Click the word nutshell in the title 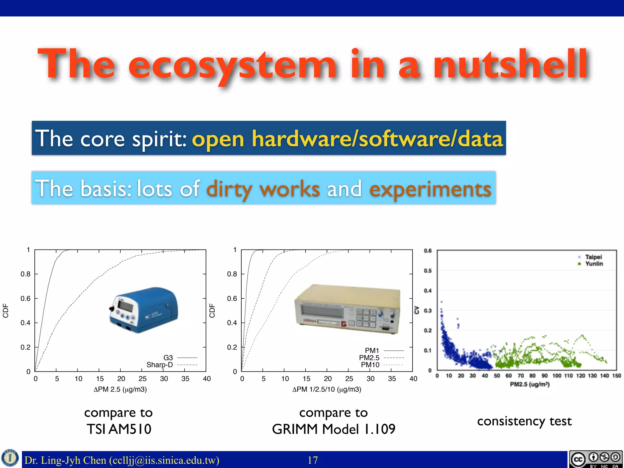(511, 65)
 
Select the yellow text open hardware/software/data (347, 139)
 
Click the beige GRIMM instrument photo (347, 309)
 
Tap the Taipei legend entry (593, 257)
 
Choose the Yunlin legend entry (594, 264)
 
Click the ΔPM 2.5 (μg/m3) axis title (120, 389)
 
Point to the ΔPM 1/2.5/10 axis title (327, 389)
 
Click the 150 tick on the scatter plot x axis (616, 376)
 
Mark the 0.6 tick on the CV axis (428, 251)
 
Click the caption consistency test (524, 421)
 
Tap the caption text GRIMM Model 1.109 (334, 429)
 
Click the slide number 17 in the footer (313, 460)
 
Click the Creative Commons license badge (596, 459)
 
